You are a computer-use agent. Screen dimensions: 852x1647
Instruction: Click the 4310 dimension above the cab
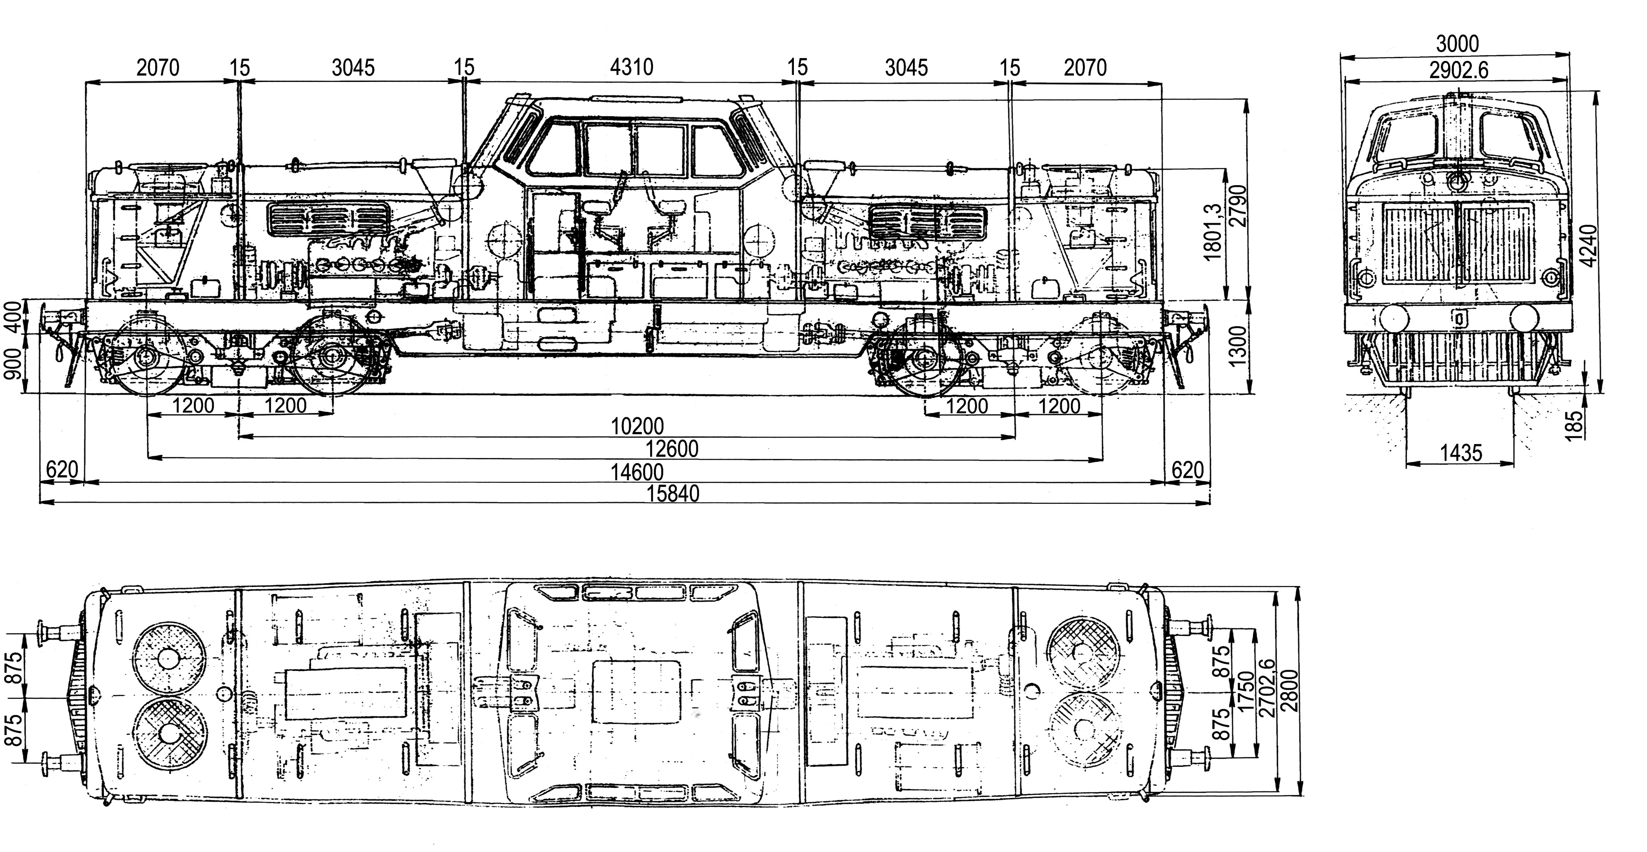tap(631, 67)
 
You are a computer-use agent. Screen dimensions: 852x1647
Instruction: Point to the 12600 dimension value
tap(671, 449)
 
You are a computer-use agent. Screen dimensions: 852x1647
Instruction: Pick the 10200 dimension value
tap(637, 426)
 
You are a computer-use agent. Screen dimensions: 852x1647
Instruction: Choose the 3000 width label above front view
tap(1457, 44)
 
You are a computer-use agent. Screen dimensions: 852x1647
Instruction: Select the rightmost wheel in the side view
tap(1101, 358)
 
